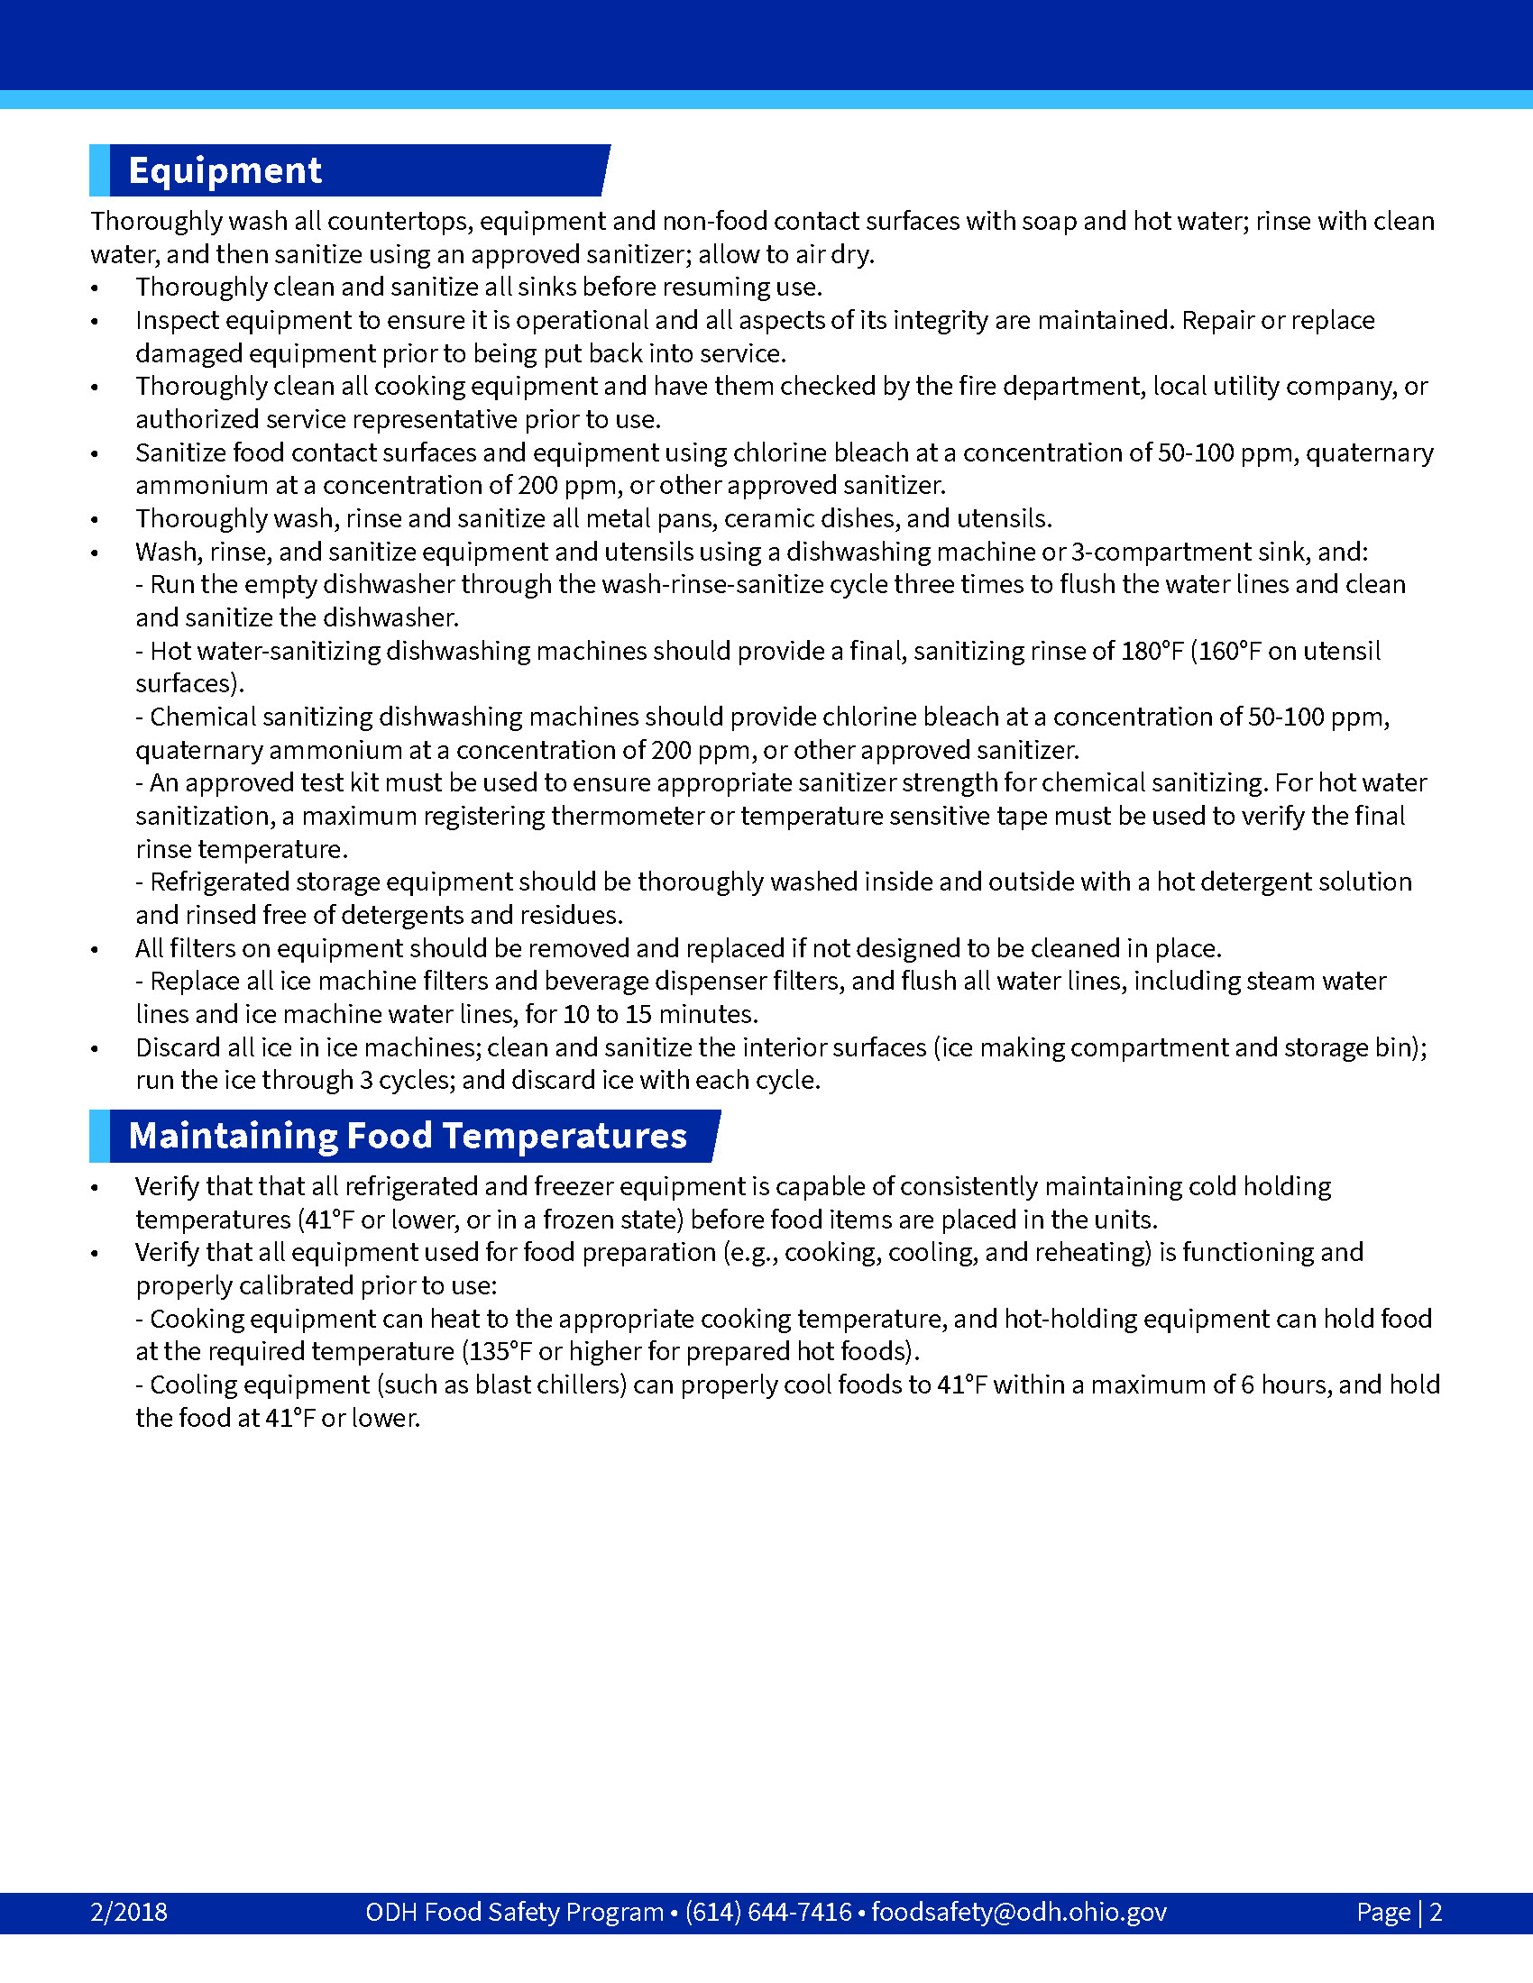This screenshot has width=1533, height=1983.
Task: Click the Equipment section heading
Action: click(225, 170)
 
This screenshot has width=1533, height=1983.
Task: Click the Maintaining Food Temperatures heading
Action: click(407, 1136)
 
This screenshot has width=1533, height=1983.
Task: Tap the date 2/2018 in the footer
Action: click(129, 1911)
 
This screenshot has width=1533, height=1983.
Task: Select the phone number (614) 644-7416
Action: click(768, 1911)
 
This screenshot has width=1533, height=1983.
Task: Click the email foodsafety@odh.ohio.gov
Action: click(1019, 1911)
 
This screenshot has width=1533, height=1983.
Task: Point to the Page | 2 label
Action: click(1399, 1911)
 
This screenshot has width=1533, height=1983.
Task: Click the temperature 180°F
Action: click(1152, 651)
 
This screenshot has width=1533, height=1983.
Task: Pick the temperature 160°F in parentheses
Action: click(1230, 651)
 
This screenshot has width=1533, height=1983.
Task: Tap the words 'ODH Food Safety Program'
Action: click(514, 1911)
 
